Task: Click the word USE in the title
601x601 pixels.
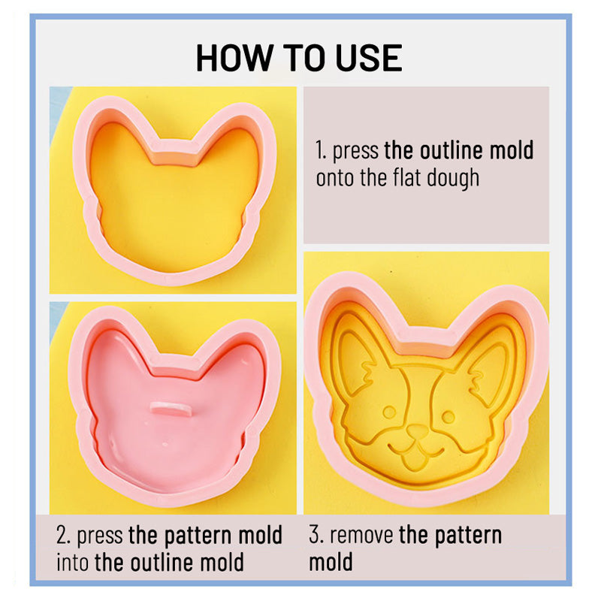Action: (x=369, y=58)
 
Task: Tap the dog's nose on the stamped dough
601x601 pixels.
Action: (x=418, y=430)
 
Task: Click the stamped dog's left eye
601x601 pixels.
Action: (x=389, y=412)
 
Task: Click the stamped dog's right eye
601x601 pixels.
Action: (x=448, y=416)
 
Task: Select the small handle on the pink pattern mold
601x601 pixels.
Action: (x=171, y=409)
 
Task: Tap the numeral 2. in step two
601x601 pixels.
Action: (x=63, y=535)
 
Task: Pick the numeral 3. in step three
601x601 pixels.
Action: (x=316, y=535)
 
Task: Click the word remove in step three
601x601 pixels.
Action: (x=361, y=536)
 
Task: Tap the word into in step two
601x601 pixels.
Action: (x=73, y=562)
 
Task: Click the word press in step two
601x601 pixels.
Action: (x=100, y=536)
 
